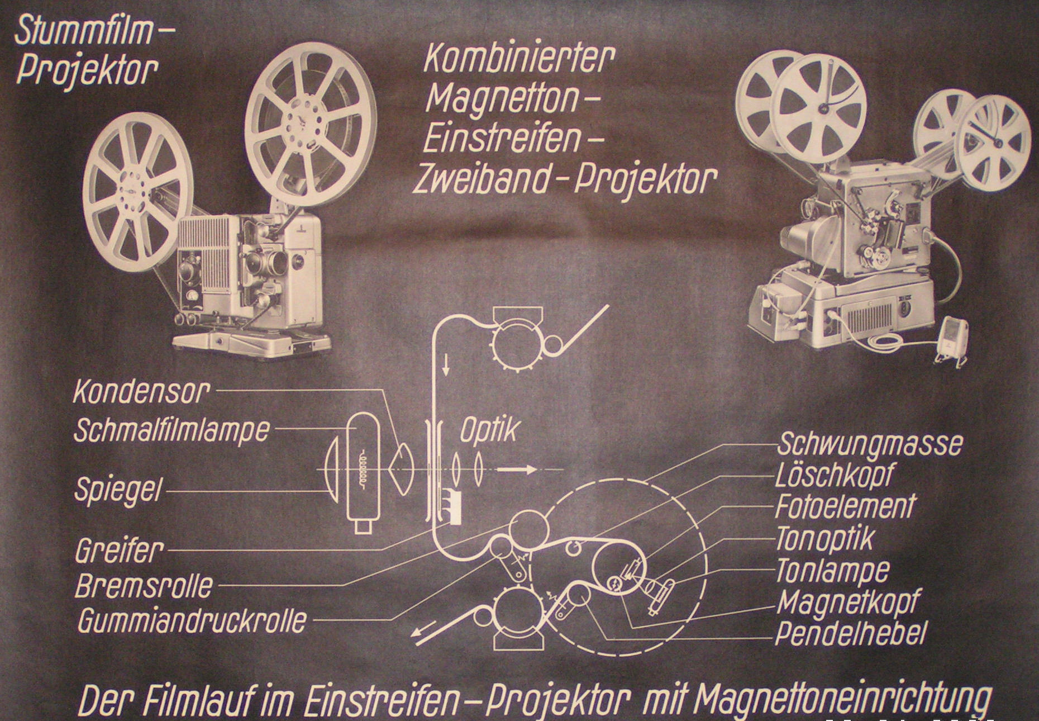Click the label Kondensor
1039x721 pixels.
coord(141,392)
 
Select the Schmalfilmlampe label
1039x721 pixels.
coord(171,429)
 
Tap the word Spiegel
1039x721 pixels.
coord(118,491)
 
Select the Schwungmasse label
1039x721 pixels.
coord(869,443)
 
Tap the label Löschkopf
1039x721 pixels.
coord(835,476)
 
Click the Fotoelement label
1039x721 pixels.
coord(845,506)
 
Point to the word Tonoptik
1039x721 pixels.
coord(824,539)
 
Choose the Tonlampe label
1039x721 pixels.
coord(832,570)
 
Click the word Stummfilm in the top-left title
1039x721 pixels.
coord(84,31)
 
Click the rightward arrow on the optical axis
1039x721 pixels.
coord(516,469)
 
